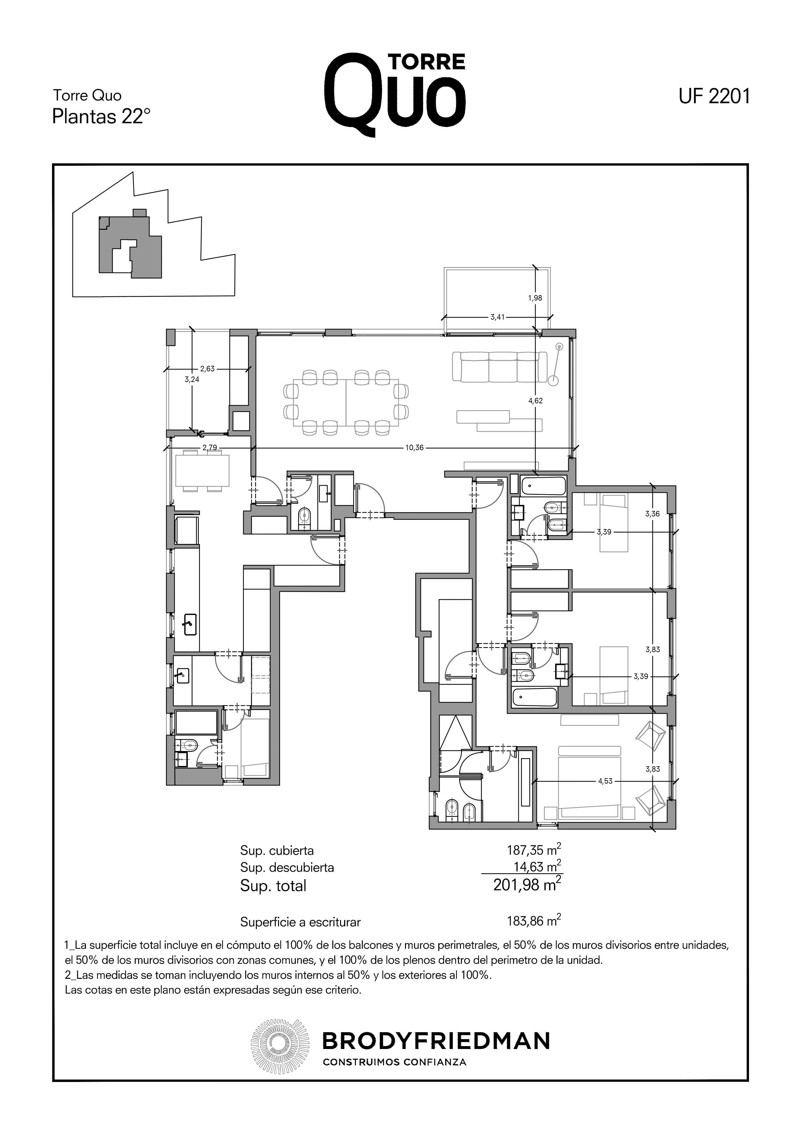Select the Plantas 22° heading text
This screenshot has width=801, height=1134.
101,117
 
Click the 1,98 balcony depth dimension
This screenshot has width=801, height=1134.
535,298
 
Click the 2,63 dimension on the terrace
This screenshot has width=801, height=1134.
207,368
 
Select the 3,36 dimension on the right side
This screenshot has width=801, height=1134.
652,514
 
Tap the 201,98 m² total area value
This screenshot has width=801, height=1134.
527,885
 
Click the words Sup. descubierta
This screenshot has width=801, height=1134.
287,867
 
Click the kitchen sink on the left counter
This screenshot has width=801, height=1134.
189,624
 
